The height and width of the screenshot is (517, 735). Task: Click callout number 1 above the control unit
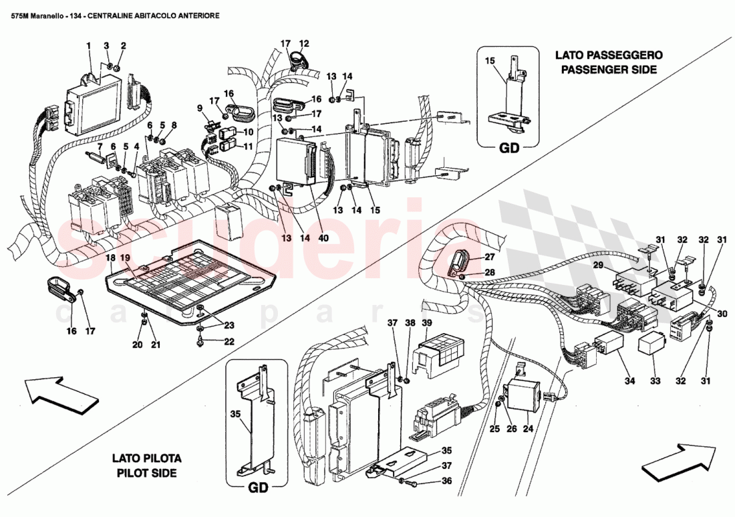[x=88, y=45]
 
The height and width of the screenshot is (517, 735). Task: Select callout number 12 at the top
[x=303, y=44]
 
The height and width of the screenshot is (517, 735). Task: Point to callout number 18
[x=110, y=257]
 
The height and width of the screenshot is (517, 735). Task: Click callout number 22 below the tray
[x=229, y=341]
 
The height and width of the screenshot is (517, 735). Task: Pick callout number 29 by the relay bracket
[x=598, y=266]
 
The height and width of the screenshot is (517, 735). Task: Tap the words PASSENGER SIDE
[x=609, y=70]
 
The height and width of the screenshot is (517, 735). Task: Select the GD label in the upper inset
[x=508, y=149]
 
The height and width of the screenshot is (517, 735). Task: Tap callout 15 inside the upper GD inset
[x=489, y=61]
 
